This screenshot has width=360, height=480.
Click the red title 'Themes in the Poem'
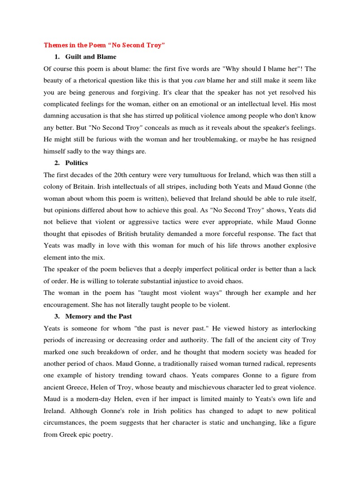(x=104, y=45)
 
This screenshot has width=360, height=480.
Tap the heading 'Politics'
(x=76, y=163)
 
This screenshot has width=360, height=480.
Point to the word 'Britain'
(x=79, y=187)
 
